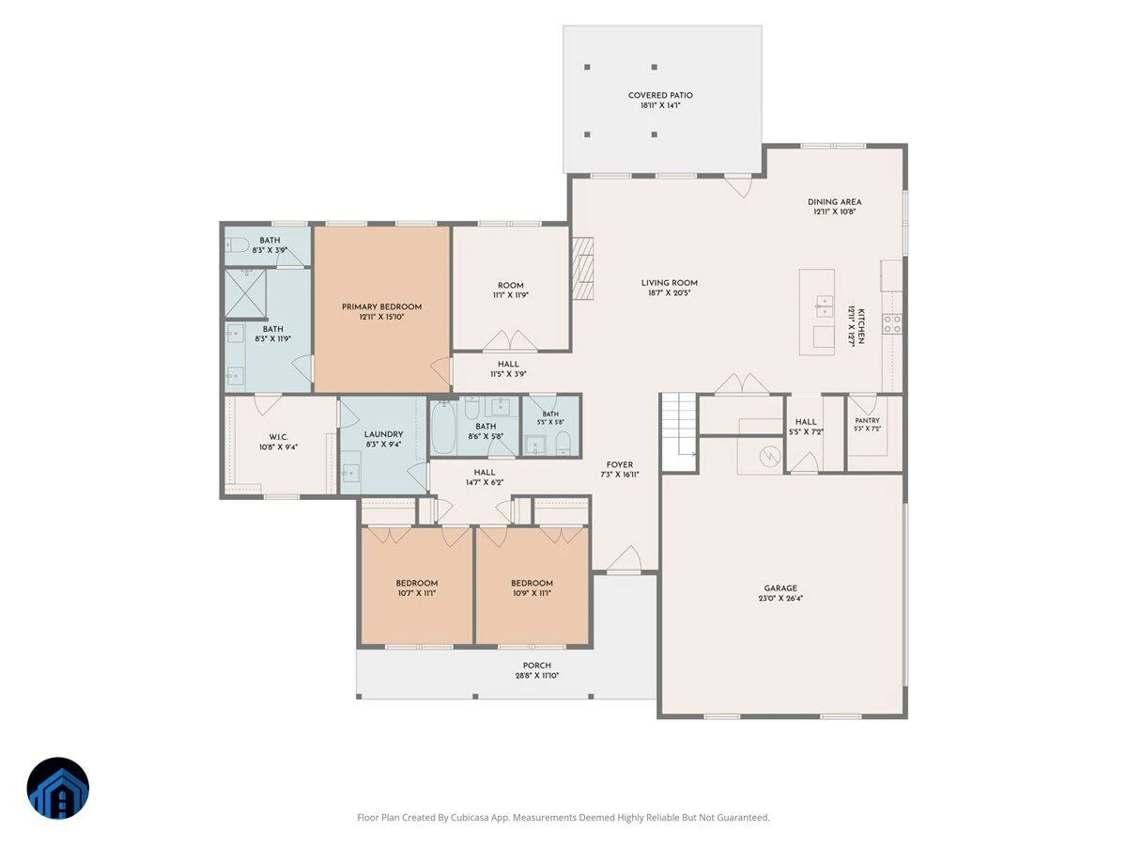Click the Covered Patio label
[660, 95]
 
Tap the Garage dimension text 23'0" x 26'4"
[780, 599]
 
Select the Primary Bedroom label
[381, 306]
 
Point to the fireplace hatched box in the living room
[583, 268]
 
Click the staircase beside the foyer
[678, 431]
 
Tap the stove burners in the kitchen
[892, 323]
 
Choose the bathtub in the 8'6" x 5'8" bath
[443, 428]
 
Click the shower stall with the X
[245, 293]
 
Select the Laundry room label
[383, 434]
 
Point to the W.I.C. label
[278, 437]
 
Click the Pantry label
[867, 420]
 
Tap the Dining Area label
[834, 202]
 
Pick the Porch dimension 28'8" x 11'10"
[537, 676]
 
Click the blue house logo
[58, 788]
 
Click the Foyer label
[620, 464]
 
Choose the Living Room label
[669, 283]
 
